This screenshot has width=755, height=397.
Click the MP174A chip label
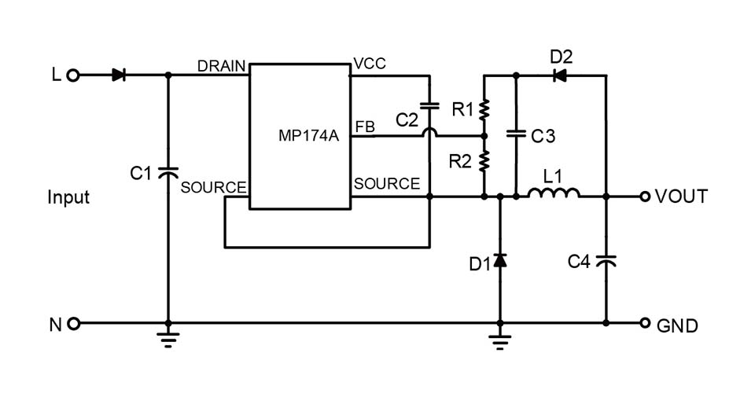click(308, 136)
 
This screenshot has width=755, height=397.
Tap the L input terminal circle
click(72, 75)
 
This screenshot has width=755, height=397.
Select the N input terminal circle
click(73, 323)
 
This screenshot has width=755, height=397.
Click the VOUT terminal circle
click(645, 197)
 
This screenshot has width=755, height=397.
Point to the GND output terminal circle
click(645, 323)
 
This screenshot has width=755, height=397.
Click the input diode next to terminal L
click(119, 75)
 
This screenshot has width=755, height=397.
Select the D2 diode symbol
click(559, 75)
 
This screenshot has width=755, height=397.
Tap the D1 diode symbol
click(500, 260)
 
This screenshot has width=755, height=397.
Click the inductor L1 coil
click(554, 193)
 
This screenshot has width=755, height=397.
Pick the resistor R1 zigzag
click(484, 110)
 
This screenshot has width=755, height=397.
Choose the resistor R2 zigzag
click(484, 161)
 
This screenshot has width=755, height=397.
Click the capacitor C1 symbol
click(168, 172)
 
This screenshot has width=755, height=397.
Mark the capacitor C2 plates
click(429, 106)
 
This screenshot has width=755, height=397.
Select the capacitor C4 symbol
click(606, 261)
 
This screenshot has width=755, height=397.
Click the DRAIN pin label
click(222, 66)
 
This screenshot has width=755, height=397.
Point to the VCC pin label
click(370, 64)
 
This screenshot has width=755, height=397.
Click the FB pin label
click(365, 127)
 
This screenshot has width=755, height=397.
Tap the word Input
click(68, 197)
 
